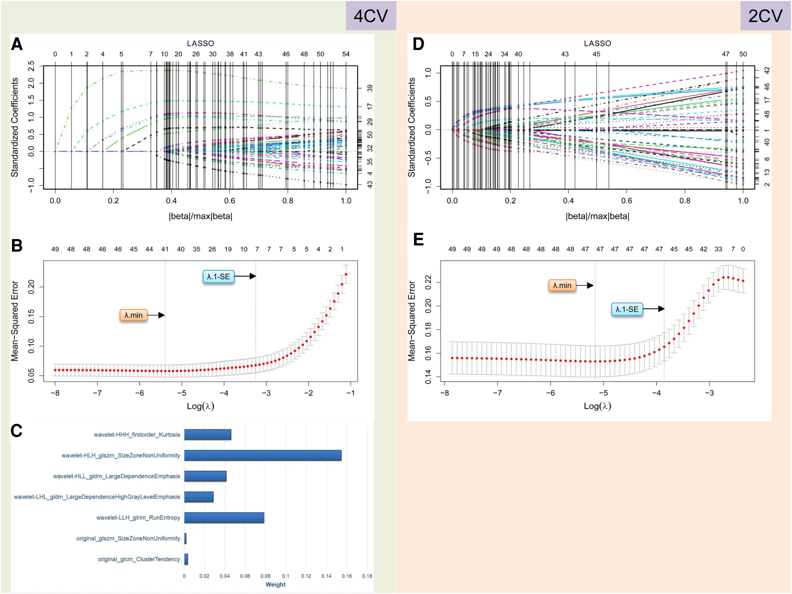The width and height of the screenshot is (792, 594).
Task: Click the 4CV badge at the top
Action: pyautogui.click(x=370, y=16)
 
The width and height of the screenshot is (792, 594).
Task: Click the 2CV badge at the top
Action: pyautogui.click(x=765, y=16)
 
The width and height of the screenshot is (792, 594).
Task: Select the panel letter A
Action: pyautogui.click(x=17, y=44)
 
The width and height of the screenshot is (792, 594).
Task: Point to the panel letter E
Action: pyautogui.click(x=418, y=240)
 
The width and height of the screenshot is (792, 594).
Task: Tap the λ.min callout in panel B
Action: pyautogui.click(x=133, y=315)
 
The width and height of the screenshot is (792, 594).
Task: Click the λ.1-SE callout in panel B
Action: pyautogui.click(x=218, y=277)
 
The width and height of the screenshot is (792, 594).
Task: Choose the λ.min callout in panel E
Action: pyautogui.click(x=562, y=285)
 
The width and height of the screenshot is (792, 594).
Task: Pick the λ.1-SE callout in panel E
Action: pyautogui.click(x=627, y=309)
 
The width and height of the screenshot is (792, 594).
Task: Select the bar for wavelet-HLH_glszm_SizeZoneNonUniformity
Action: pyautogui.click(x=263, y=455)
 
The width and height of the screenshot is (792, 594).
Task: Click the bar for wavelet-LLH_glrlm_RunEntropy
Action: pyautogui.click(x=224, y=518)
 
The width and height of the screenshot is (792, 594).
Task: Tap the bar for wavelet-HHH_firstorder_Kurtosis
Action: pyautogui.click(x=207, y=434)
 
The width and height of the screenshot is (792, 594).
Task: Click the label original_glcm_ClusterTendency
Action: pyautogui.click(x=139, y=559)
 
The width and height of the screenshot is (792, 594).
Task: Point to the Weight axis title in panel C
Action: pyautogui.click(x=275, y=584)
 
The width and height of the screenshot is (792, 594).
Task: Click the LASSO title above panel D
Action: pyautogui.click(x=597, y=43)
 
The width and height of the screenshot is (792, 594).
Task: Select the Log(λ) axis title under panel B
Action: pyautogui.click(x=200, y=406)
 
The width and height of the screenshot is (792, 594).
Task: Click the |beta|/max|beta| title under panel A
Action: pyautogui.click(x=200, y=216)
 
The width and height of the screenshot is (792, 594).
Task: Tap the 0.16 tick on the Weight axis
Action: pyautogui.click(x=347, y=576)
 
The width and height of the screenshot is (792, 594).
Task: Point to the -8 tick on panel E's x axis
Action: pyautogui.click(x=444, y=393)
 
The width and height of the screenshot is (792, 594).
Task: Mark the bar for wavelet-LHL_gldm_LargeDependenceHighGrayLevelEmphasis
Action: pyautogui.click(x=199, y=497)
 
